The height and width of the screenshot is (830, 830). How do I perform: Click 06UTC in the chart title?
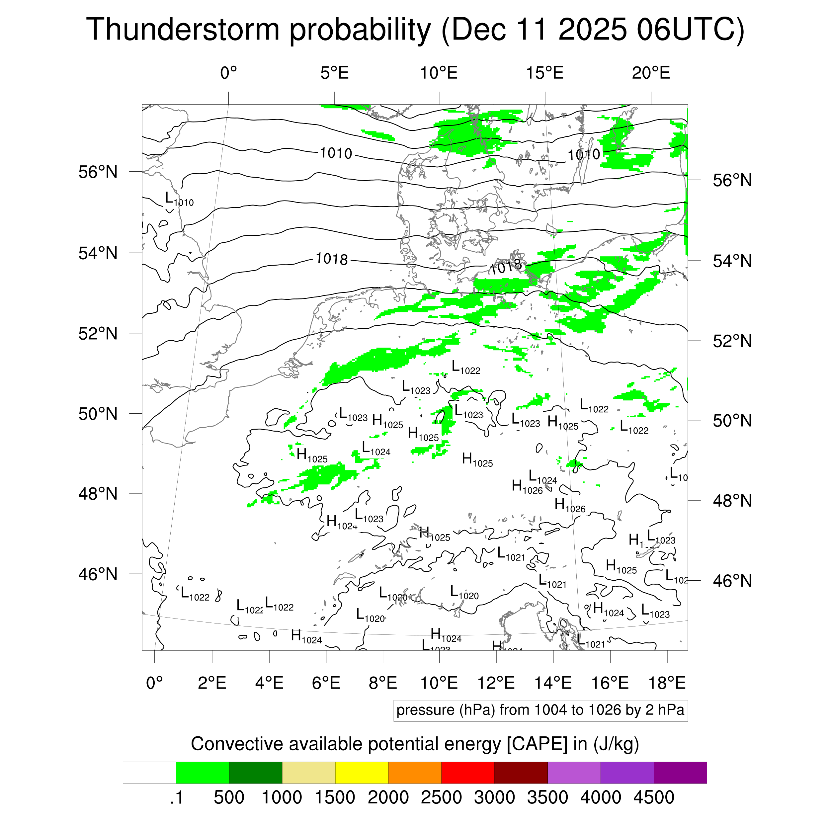point(690,29)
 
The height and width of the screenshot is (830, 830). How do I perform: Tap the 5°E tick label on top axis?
point(334,73)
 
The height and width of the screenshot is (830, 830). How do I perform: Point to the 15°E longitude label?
point(545,73)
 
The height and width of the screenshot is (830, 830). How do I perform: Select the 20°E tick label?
point(651,73)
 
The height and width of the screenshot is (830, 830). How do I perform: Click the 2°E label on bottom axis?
point(212,683)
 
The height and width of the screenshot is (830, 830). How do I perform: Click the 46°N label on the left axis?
point(98,574)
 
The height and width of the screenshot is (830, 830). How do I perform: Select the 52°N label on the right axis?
point(732,341)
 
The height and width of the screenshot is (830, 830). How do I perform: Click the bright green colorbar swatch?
point(202,773)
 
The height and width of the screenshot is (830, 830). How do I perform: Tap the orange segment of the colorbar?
point(415,773)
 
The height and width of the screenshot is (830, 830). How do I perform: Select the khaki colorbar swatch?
point(308,773)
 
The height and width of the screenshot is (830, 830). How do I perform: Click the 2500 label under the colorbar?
point(441,797)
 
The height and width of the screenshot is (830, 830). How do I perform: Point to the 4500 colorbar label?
point(653,797)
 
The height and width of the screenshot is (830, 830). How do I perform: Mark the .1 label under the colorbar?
point(176,797)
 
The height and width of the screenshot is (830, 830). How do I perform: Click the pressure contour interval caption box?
point(540,710)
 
